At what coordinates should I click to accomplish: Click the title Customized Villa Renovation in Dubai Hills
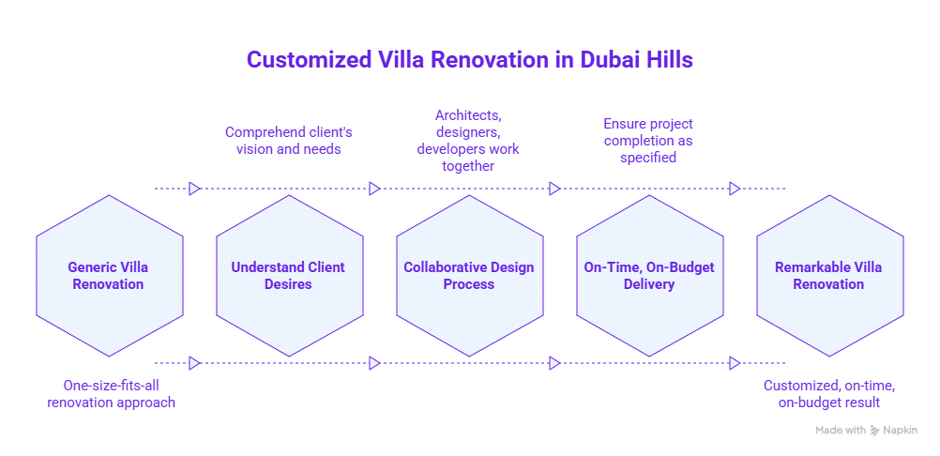coord(469,60)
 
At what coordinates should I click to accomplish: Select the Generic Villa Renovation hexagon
coord(108,276)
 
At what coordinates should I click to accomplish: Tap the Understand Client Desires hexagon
coord(288,276)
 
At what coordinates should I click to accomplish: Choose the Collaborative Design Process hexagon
coord(468,276)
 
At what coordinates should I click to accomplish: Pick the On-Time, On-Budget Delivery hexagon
coord(648,276)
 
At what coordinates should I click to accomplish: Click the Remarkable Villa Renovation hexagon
coord(828,276)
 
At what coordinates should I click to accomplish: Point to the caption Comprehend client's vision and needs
coord(288,140)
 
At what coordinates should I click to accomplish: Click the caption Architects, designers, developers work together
coord(468,141)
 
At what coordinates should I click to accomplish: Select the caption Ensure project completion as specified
coord(648,141)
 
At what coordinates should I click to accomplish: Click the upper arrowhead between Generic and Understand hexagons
coord(194,189)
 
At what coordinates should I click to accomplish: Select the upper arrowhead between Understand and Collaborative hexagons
coord(374,189)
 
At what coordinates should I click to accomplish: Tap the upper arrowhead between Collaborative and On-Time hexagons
coord(554,189)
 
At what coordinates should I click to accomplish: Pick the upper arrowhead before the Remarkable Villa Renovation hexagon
coord(735,189)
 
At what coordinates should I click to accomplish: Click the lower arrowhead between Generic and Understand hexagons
coord(194,363)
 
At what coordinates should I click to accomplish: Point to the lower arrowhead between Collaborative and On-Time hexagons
coord(554,363)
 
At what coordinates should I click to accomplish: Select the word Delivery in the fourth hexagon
coord(648,284)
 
